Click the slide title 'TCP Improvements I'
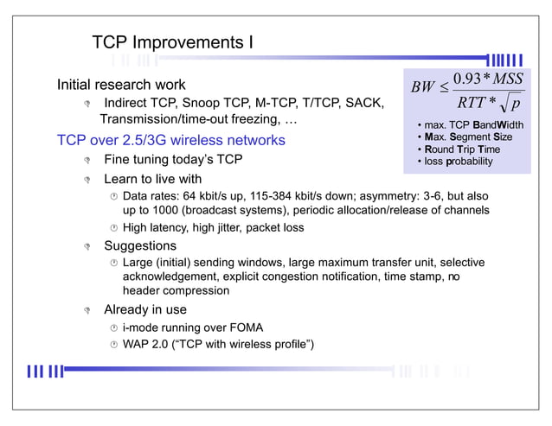[x=172, y=42]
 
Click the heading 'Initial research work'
[x=120, y=85]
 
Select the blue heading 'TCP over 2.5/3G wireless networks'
[x=170, y=140]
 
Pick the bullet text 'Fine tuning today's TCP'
[x=173, y=160]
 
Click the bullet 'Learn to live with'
[x=152, y=179]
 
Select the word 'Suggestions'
[x=140, y=246]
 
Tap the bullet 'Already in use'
[x=145, y=309]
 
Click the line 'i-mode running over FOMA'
[x=193, y=327]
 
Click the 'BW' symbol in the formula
[x=423, y=87]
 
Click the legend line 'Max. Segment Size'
[x=468, y=137]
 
